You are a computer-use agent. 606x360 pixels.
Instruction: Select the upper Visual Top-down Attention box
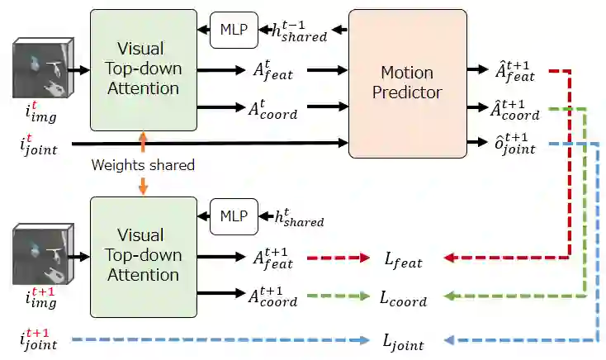144,69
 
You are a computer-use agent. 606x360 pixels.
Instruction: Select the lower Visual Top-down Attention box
144,255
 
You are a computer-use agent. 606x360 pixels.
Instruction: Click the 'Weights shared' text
144,165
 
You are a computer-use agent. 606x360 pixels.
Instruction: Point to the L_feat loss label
403,261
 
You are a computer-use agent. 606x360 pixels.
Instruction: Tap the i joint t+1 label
39,339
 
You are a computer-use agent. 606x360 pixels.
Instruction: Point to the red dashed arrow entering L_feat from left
338,258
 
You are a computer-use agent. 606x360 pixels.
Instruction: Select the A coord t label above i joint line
273,108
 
